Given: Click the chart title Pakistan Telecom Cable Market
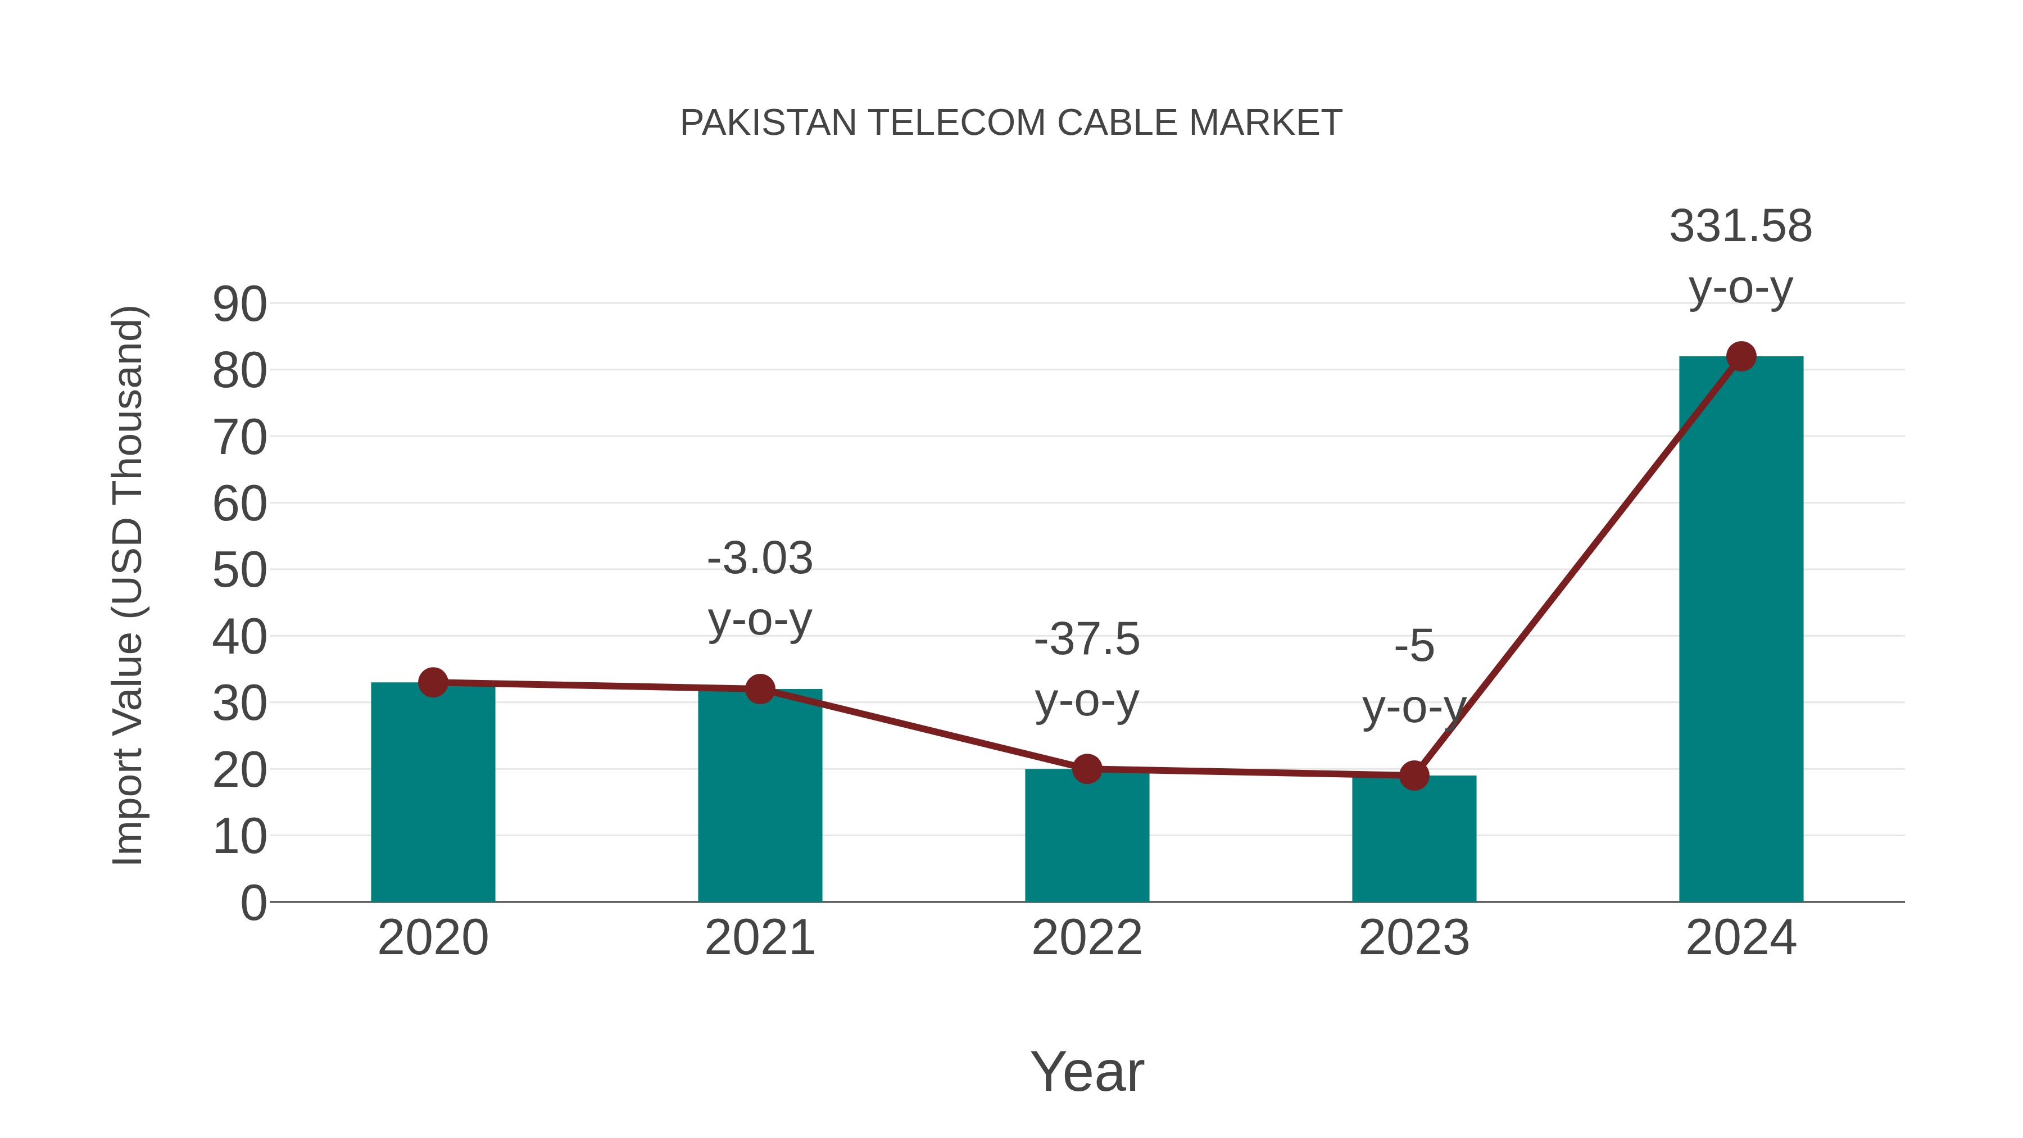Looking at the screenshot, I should pyautogui.click(x=1011, y=123).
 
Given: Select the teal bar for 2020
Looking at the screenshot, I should pyautogui.click(x=433, y=793).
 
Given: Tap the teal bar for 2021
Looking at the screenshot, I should pyautogui.click(x=759, y=796).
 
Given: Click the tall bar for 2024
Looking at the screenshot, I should pyautogui.click(x=1741, y=628).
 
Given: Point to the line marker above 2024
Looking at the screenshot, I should pyautogui.click(x=1741, y=356).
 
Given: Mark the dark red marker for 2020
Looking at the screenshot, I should pyautogui.click(x=433, y=682).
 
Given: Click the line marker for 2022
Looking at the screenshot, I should pyautogui.click(x=1087, y=769).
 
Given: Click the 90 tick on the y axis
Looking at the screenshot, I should pyautogui.click(x=239, y=305).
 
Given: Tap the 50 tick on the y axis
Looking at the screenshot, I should pyautogui.click(x=239, y=571).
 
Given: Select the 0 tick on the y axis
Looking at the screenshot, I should pyautogui.click(x=253, y=903).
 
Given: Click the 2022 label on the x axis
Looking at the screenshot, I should pyautogui.click(x=1087, y=938).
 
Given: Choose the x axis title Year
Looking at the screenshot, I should pyautogui.click(x=1087, y=1071).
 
